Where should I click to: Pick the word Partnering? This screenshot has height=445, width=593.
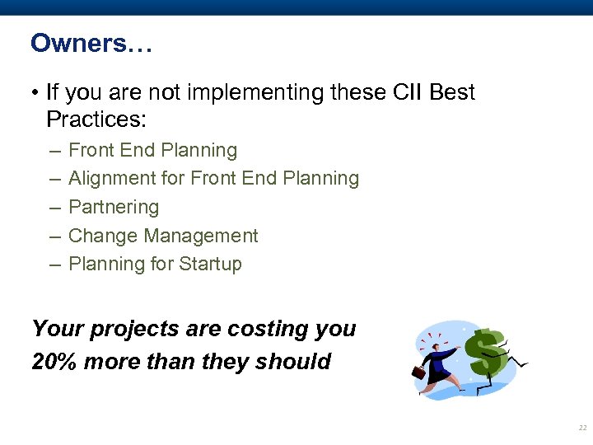(114, 208)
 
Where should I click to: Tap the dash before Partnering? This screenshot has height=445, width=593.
(54, 208)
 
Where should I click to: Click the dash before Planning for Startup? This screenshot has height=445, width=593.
(54, 265)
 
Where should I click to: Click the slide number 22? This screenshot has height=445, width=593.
(582, 429)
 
